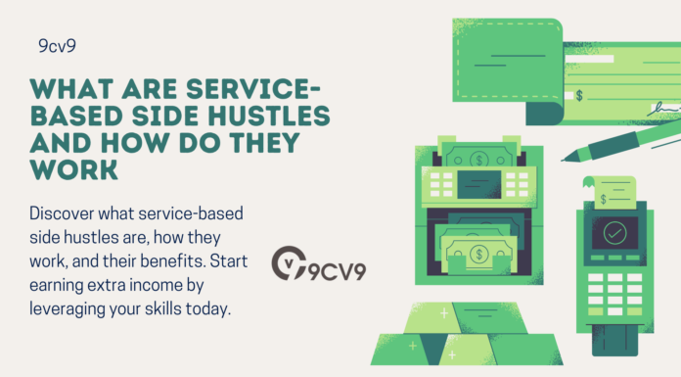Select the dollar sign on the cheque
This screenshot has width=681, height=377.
coord(581,96)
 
